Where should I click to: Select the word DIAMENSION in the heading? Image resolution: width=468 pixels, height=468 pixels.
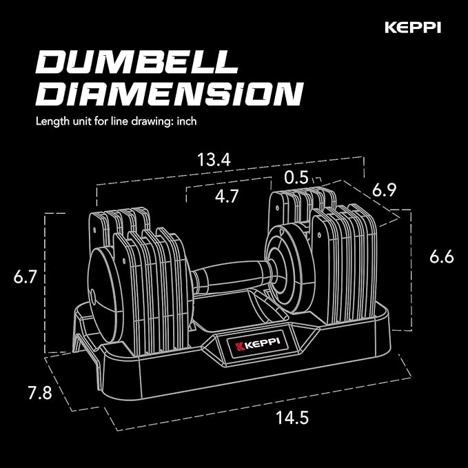pyautogui.click(x=169, y=93)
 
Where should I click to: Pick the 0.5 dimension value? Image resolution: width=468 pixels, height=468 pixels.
pyautogui.click(x=297, y=178)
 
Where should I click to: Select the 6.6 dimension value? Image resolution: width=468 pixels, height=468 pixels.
pyautogui.click(x=442, y=257)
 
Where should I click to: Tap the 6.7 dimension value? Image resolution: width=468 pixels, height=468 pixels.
pyautogui.click(x=25, y=277)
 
